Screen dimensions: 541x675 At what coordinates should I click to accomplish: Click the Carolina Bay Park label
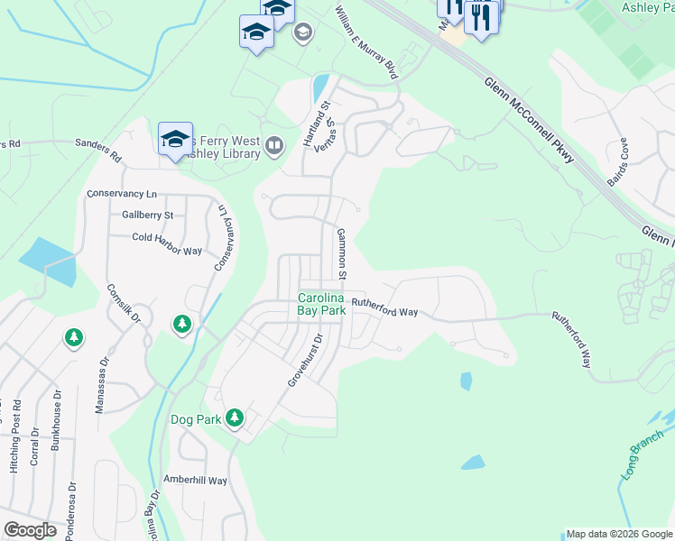pos(321,304)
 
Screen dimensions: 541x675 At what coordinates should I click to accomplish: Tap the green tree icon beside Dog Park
pos(235,417)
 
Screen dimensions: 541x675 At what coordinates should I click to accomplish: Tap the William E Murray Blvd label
pos(365,42)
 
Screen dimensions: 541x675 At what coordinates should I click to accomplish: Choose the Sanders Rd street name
pos(97,149)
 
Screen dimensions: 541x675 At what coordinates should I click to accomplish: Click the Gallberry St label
pos(147,215)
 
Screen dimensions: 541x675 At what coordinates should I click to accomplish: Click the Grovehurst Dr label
pos(305,362)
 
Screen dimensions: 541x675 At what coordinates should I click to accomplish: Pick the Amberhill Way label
pos(195,481)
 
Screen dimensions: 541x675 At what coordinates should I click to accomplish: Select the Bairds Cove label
pos(620,161)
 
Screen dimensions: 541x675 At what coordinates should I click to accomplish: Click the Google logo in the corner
pos(30,529)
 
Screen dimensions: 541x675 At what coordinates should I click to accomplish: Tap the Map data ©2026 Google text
pos(617,534)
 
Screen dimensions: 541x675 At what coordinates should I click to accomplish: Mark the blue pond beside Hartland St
pos(319,88)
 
